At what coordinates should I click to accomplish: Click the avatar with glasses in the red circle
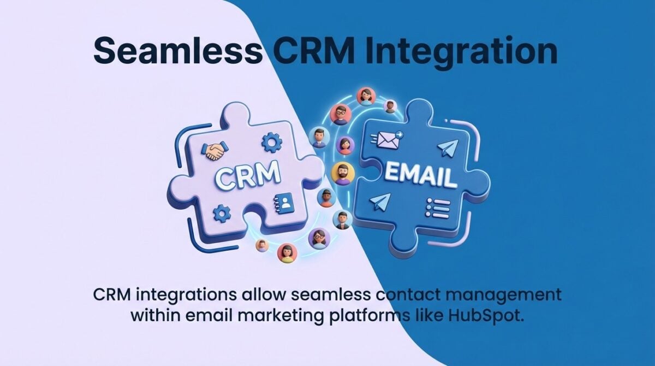coord(341,114)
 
